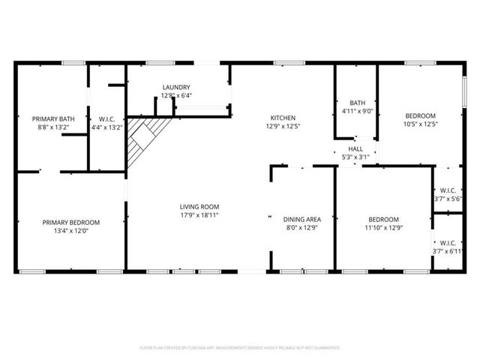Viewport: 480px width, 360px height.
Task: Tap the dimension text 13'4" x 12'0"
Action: [70, 231]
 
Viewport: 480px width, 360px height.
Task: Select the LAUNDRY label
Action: [176, 87]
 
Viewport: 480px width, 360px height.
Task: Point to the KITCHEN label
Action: [283, 118]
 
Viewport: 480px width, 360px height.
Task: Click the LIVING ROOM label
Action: [199, 206]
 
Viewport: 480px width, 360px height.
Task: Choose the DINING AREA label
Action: [302, 219]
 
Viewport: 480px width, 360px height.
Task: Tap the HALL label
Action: [355, 148]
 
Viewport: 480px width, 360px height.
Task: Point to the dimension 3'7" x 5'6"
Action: [448, 198]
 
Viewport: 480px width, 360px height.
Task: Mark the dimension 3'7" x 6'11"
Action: [448, 251]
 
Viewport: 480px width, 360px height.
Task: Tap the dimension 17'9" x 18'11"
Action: [199, 214]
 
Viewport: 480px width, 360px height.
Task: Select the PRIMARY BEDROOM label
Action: [70, 222]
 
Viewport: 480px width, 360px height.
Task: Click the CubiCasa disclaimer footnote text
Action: [240, 348]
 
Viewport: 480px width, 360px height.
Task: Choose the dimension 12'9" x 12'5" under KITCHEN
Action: [283, 126]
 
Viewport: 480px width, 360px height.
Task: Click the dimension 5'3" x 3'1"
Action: [355, 157]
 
